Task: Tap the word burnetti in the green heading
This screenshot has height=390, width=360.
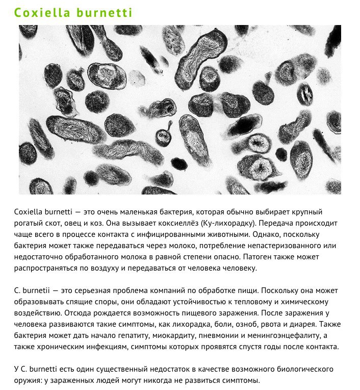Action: pyautogui.click(x=105, y=12)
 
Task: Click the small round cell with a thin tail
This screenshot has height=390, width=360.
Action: pyautogui.click(x=163, y=137)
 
